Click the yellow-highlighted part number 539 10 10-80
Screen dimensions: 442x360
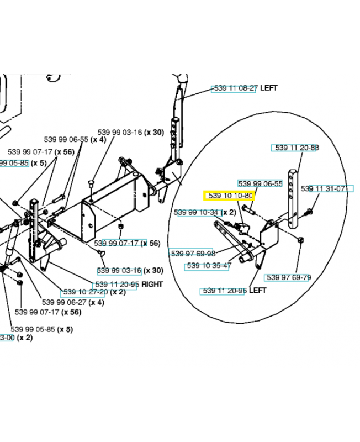tap(229, 196)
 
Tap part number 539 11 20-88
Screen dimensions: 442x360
tap(297, 148)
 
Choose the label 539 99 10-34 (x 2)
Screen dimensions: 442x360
tap(205, 212)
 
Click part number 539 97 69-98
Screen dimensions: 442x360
tap(193, 253)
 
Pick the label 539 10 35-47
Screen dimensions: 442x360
tap(209, 266)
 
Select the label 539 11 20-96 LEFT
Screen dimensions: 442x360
tap(234, 291)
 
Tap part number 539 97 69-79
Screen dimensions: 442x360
tap(288, 277)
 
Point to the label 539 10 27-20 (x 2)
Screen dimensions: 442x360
tap(94, 291)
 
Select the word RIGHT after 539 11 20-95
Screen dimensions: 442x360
tap(152, 283)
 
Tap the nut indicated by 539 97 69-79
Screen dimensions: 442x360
tap(300, 240)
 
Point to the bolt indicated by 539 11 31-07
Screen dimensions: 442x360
tap(309, 211)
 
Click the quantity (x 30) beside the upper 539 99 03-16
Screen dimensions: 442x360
tap(154, 133)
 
